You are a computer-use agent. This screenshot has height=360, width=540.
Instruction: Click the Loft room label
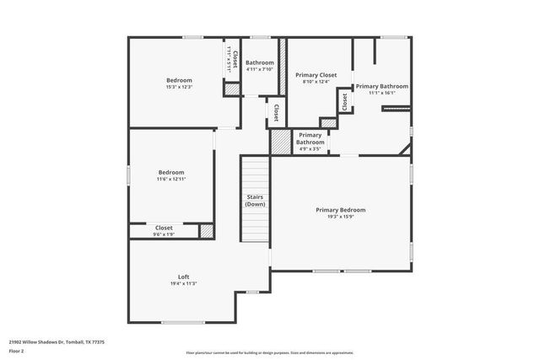point(183,277)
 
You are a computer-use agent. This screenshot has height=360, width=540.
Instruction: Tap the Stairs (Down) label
point(255,201)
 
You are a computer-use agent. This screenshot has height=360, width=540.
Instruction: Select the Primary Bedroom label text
point(341,209)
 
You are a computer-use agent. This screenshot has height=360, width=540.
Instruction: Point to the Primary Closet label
point(316,75)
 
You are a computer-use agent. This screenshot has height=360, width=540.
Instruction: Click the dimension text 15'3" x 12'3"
point(179,88)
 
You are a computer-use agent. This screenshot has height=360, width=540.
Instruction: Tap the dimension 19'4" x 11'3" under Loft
point(183,284)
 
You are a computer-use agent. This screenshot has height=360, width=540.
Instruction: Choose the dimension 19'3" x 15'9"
point(341,217)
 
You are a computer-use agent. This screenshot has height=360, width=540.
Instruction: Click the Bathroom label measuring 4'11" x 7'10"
point(259,63)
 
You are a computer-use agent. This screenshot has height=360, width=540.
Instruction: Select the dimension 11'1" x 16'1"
point(381,94)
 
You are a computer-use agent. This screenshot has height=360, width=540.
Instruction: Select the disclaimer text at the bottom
point(270,353)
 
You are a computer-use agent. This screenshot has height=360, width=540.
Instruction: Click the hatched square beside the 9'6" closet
point(206,231)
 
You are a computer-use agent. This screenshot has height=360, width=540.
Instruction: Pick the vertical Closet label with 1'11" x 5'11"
point(228,56)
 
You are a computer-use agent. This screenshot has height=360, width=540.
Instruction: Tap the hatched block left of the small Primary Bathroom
point(280,142)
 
